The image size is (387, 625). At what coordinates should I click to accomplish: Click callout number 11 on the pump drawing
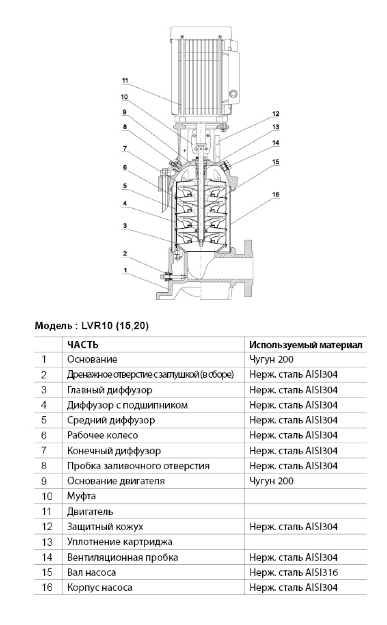124,81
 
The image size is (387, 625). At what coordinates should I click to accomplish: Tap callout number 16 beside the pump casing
276,194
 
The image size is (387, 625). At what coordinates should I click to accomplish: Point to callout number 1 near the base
124,270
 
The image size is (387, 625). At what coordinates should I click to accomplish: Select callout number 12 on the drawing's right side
276,114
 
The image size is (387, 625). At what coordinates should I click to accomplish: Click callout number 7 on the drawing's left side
124,148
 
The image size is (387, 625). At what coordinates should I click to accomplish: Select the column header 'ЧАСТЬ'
83,345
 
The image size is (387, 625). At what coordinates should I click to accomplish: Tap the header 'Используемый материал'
306,345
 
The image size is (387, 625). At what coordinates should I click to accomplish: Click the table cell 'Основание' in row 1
92,359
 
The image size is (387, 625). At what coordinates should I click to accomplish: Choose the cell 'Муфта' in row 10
81,496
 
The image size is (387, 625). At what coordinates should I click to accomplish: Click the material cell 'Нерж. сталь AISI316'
293,572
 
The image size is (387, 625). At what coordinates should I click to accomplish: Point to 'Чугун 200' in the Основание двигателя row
271,481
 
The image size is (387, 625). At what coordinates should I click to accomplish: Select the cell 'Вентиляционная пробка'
123,557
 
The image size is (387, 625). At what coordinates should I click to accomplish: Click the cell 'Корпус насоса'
99,588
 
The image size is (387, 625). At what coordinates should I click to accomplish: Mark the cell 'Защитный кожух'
104,527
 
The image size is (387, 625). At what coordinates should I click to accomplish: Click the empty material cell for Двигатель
305,512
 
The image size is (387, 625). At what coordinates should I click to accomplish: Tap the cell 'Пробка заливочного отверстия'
138,466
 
